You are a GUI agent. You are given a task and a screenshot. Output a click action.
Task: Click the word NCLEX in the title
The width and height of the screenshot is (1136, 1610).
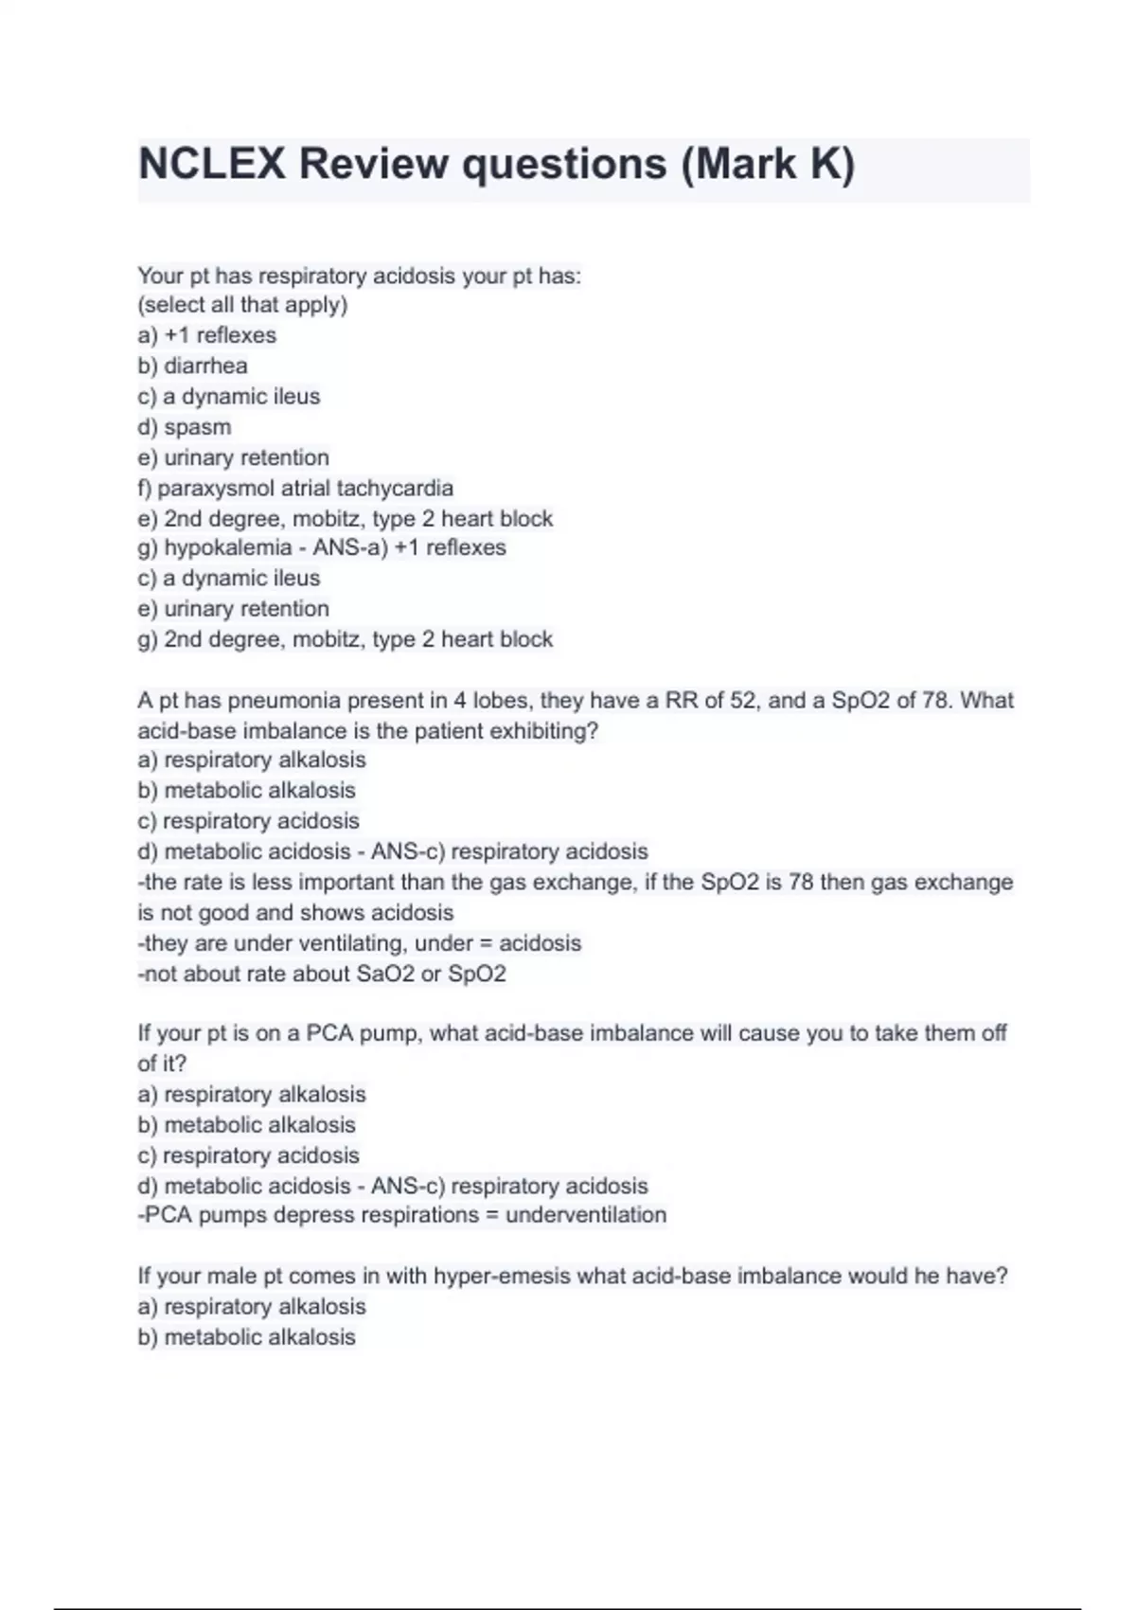pyautogui.click(x=212, y=164)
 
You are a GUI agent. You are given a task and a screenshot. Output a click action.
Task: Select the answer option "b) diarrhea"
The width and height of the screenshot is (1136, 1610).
pyautogui.click(x=192, y=366)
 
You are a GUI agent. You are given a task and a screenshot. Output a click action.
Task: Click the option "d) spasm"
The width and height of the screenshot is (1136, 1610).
pyautogui.click(x=184, y=427)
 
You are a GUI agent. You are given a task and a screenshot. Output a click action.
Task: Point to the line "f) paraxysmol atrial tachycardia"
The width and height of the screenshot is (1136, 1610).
pyautogui.click(x=295, y=488)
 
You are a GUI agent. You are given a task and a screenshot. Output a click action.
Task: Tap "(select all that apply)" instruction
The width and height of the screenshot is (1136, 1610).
pyautogui.click(x=242, y=305)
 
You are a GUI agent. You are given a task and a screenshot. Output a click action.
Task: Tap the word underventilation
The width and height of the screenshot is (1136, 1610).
pyautogui.click(x=586, y=1215)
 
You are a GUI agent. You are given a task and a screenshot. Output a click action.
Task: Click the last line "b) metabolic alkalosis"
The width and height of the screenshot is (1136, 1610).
pyautogui.click(x=246, y=1337)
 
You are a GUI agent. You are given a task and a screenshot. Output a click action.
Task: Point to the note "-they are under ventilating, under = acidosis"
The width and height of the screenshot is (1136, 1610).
pyautogui.click(x=360, y=943)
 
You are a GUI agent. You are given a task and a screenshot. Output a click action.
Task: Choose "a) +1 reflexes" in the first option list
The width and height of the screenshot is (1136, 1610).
pyautogui.click(x=206, y=335)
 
